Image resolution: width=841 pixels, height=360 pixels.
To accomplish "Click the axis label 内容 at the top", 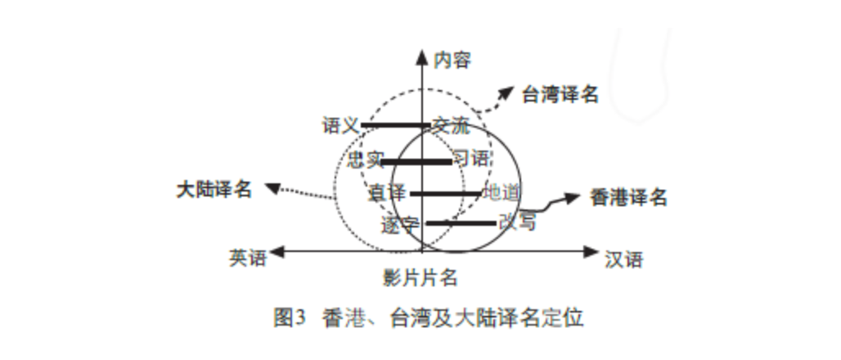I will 452,59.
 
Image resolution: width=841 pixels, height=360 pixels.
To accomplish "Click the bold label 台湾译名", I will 560,94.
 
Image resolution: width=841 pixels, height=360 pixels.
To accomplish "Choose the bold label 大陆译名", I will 214,188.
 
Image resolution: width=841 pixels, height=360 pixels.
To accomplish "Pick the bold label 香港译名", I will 628,197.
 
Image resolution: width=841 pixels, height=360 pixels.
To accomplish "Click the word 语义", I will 341,125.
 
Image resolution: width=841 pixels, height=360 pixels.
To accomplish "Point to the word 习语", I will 471,159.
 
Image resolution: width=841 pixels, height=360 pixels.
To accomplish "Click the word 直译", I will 388,193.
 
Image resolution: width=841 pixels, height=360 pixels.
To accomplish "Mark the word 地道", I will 501,193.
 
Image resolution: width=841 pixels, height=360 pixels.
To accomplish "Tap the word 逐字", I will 401,225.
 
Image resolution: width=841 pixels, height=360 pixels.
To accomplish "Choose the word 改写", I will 516,222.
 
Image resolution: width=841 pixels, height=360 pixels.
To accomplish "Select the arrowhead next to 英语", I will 279,252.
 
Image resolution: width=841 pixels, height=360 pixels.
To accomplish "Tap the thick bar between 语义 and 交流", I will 395,126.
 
